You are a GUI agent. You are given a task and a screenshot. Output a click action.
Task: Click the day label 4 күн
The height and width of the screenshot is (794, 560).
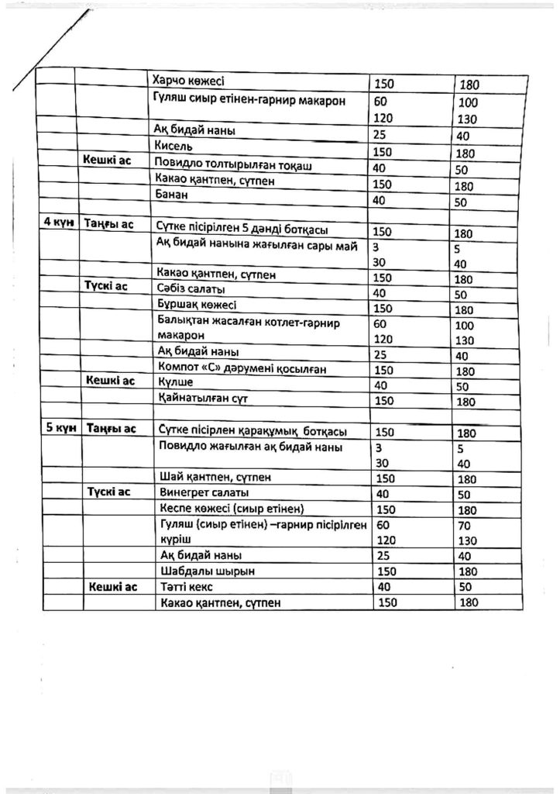pyautogui.click(x=56, y=224)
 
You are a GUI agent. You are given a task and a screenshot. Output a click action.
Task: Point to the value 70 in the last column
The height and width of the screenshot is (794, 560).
pyautogui.click(x=466, y=526)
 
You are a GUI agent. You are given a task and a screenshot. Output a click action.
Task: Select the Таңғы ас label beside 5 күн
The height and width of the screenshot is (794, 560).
pyautogui.click(x=112, y=430)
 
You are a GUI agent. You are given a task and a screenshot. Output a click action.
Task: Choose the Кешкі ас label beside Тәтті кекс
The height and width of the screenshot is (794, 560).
pyautogui.click(x=112, y=587)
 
